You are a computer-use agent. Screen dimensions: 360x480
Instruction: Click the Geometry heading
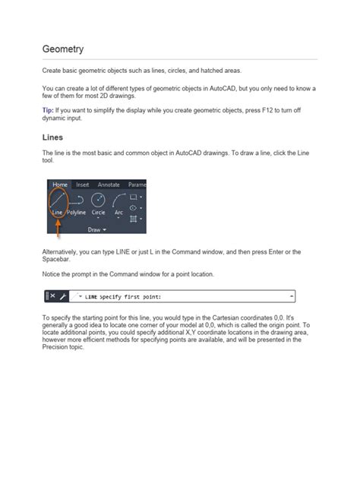62,49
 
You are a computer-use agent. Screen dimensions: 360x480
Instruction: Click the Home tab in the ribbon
59,185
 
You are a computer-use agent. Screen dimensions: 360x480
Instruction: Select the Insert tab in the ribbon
83,185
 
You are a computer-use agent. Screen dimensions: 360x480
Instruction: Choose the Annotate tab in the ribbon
109,185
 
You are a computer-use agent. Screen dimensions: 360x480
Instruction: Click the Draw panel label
96,228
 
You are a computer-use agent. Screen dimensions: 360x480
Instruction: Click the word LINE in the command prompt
92,295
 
